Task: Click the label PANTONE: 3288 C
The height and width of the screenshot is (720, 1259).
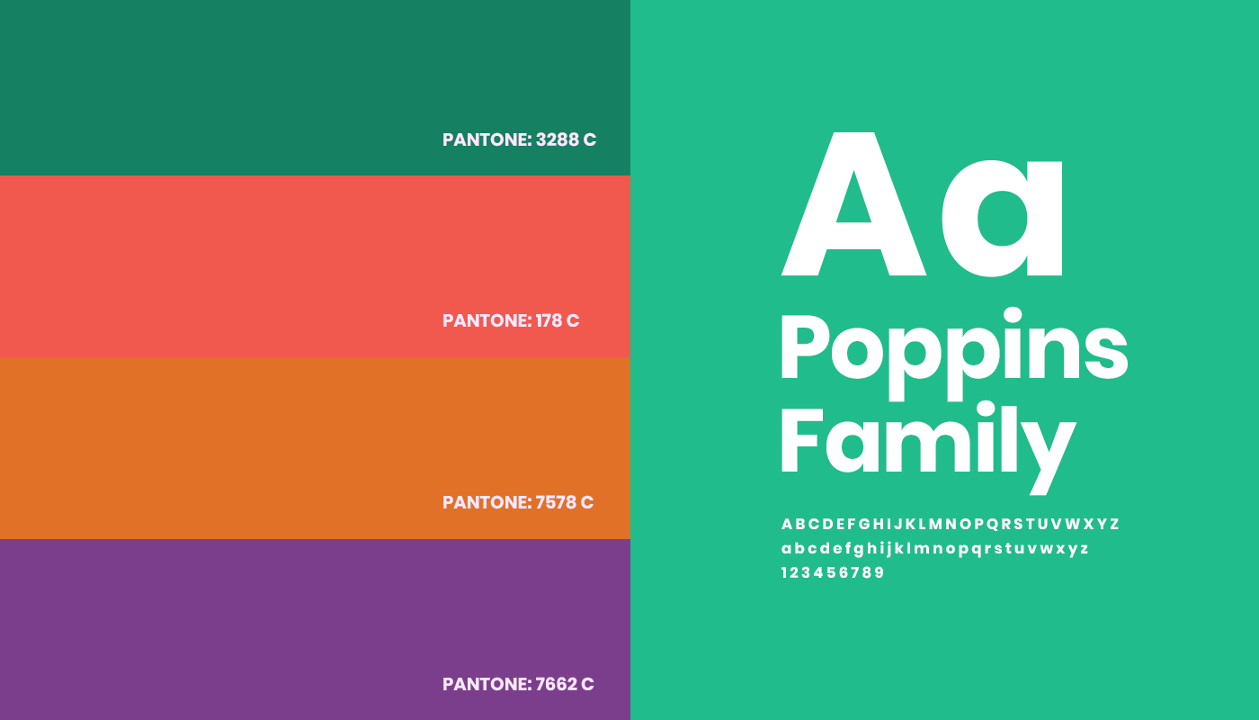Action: pos(520,139)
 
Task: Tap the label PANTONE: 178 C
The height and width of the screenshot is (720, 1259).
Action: pos(511,320)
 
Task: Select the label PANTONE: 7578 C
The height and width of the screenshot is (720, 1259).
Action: pos(518,502)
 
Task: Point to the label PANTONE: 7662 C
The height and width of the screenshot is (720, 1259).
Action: pos(518,684)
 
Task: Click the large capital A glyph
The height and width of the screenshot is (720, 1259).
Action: pos(853,204)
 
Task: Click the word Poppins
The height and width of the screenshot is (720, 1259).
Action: pos(954,353)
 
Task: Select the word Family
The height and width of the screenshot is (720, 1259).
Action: pos(928,448)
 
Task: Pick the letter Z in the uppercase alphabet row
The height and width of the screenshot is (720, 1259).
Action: pos(1114,524)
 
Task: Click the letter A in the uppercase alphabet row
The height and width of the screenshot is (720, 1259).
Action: pos(787,524)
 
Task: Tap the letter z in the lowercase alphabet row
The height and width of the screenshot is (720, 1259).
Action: pos(1085,548)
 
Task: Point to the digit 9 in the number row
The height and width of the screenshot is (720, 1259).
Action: pos(880,572)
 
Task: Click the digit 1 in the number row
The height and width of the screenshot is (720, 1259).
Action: pos(784,572)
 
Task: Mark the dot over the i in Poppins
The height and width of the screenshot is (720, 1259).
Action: pos(1013,316)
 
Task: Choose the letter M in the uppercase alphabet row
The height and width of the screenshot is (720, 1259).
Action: pos(935,524)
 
